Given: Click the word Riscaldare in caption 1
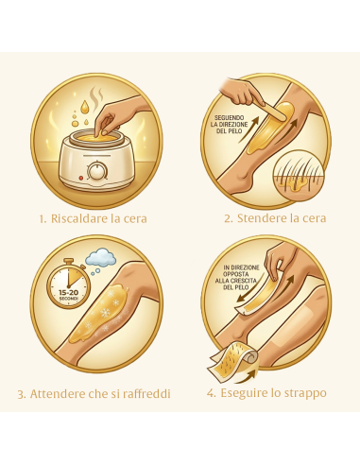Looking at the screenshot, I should [x=85, y=217].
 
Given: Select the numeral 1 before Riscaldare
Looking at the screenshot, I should [x=43, y=217].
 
